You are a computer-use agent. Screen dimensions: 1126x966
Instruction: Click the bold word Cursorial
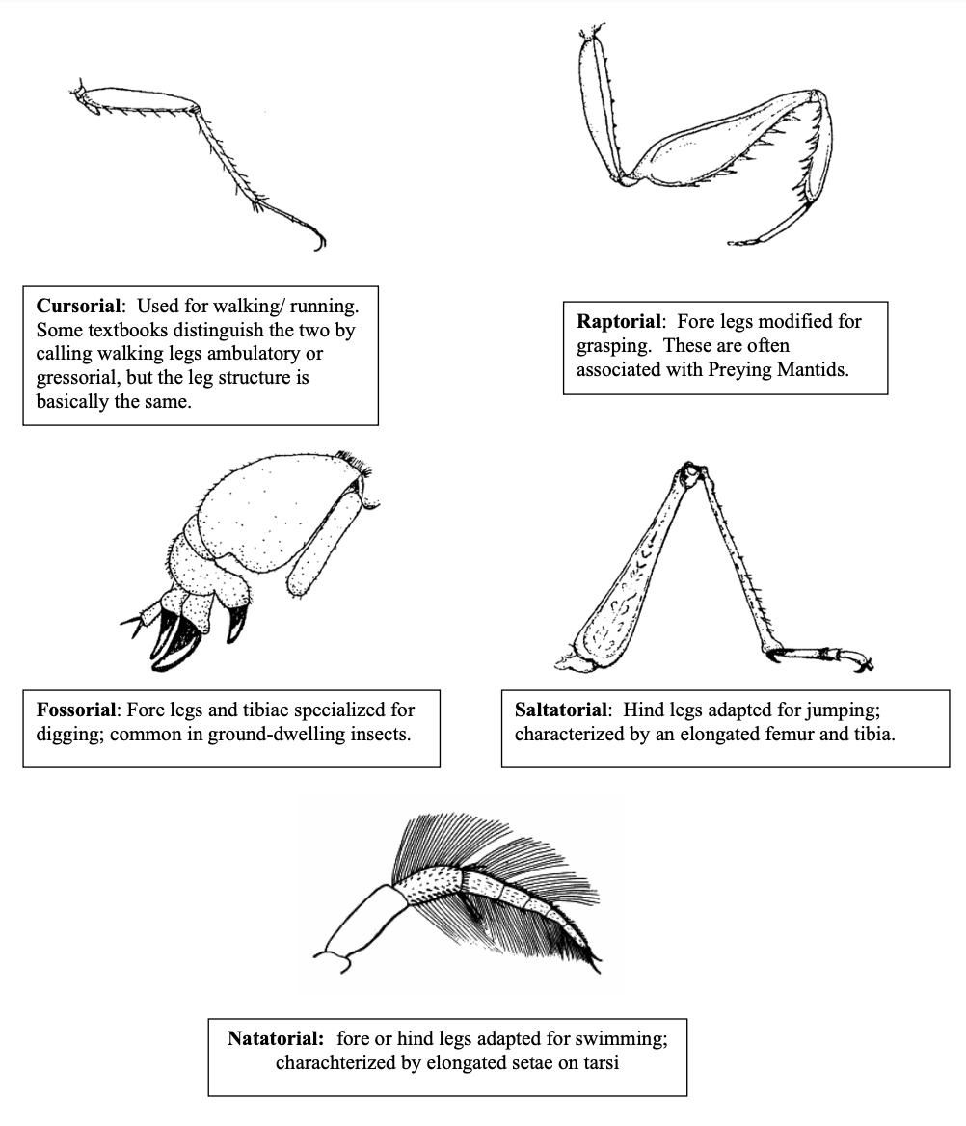pyautogui.click(x=80, y=306)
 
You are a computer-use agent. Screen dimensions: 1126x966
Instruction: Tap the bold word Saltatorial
pyautogui.click(x=561, y=710)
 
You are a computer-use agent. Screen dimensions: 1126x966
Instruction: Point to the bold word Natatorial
pyautogui.click(x=275, y=1038)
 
